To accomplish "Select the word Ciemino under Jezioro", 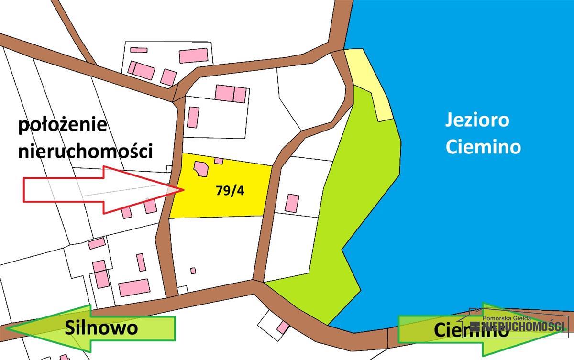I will [483, 146].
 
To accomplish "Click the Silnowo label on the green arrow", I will [101, 327].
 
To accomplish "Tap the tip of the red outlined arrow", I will [183, 190].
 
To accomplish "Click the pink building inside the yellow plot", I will [201, 169].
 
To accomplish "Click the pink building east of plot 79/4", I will [292, 203].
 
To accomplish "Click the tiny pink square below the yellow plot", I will [193, 271].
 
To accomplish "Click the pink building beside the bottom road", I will [283, 327].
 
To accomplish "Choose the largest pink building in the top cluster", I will [193, 55].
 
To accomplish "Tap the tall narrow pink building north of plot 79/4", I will [193, 117].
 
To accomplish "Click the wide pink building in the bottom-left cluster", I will [134, 288].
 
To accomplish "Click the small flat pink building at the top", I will [138, 50].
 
